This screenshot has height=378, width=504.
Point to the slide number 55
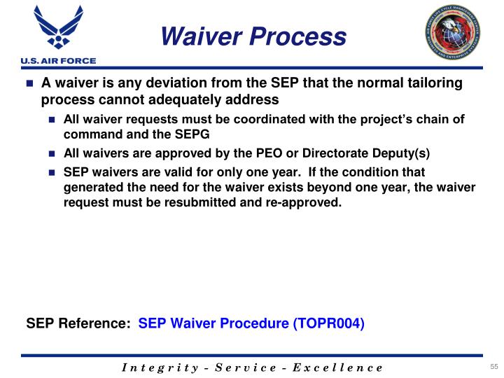493,367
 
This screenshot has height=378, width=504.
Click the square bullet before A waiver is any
30,84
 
